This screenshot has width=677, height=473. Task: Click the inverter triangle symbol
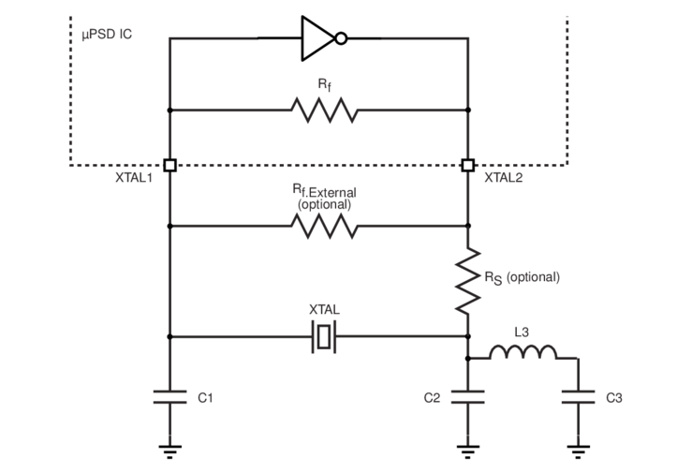pyautogui.click(x=316, y=38)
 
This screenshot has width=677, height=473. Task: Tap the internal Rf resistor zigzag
pyautogui.click(x=324, y=110)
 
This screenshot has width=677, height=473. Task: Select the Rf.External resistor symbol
pyautogui.click(x=324, y=226)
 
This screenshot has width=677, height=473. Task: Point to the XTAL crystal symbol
pyautogui.click(x=324, y=336)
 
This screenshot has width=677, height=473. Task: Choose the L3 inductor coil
pyautogui.click(x=523, y=352)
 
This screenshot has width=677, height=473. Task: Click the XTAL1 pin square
pyautogui.click(x=169, y=166)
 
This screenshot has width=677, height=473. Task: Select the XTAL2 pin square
pyautogui.click(x=467, y=166)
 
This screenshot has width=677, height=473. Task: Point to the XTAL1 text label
pyautogui.click(x=134, y=178)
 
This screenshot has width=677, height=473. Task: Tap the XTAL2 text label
pyautogui.click(x=505, y=178)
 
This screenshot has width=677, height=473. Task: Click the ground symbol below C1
pyautogui.click(x=169, y=451)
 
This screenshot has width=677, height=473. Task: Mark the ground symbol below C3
pyautogui.click(x=578, y=451)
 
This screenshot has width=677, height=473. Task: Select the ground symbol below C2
pyautogui.click(x=467, y=451)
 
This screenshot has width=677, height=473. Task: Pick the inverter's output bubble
pyautogui.click(x=343, y=38)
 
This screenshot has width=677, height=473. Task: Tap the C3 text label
pyautogui.click(x=614, y=398)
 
